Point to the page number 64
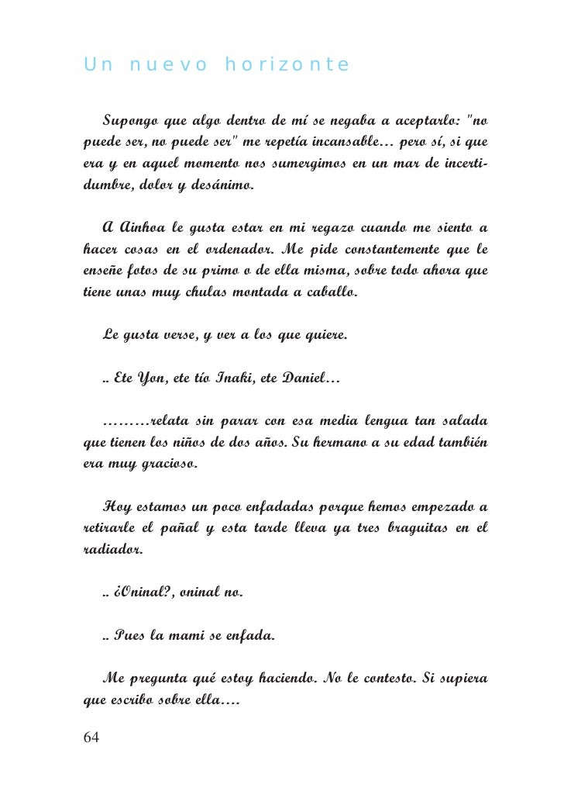pyautogui.click(x=91, y=738)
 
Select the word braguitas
pyautogui.click(x=420, y=530)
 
